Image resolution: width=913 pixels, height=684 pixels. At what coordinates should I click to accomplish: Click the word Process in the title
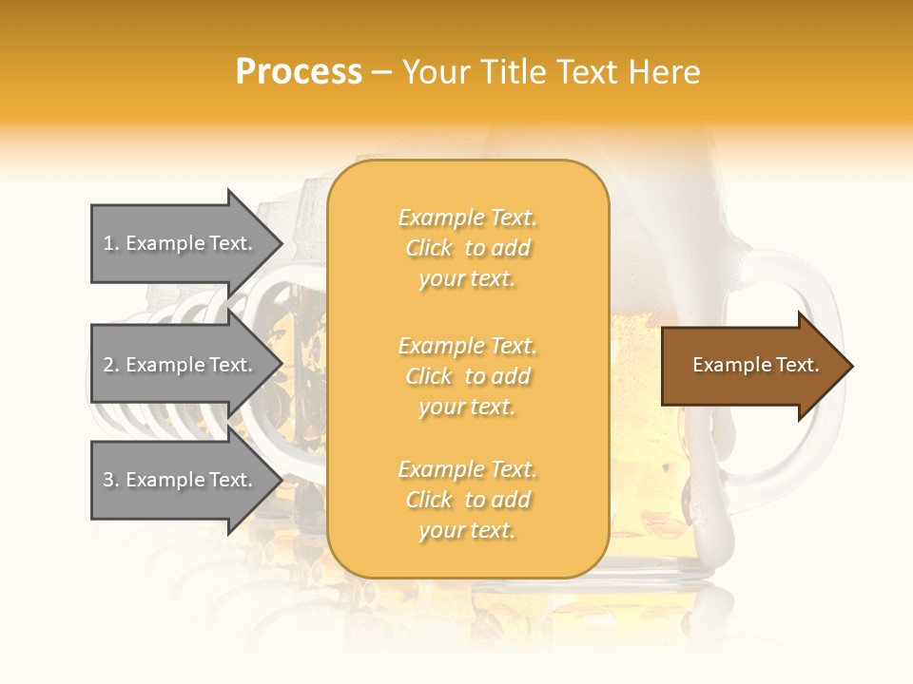coord(299,72)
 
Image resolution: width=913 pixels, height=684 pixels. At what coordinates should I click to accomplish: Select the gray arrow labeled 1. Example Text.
coord(181,243)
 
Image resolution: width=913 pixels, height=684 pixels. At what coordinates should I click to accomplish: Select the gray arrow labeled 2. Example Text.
coord(181,365)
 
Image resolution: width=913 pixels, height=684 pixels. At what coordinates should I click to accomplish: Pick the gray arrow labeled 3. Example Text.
coord(181,480)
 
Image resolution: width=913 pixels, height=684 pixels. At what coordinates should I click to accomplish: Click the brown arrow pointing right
coord(751,366)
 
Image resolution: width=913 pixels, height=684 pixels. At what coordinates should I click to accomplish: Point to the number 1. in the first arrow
coord(111,243)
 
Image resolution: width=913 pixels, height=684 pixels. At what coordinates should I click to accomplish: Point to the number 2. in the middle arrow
coord(111,365)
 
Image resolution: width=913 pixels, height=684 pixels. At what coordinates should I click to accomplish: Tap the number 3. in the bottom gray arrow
coord(111,480)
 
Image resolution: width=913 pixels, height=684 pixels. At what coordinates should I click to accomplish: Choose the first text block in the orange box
coord(467,248)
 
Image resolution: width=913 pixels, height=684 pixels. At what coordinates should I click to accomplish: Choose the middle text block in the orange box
coord(467,376)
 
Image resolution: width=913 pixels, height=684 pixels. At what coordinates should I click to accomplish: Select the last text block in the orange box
coord(467,500)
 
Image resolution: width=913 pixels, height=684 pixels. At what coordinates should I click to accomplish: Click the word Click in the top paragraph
coord(429,248)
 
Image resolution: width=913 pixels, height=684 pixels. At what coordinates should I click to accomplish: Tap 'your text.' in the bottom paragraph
coord(467,531)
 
